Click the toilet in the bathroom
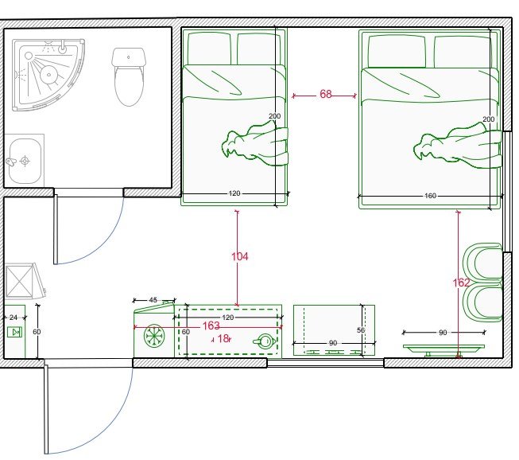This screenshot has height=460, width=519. point(129,77)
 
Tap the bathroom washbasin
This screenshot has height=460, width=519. point(25,161)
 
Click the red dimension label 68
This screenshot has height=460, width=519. point(326,94)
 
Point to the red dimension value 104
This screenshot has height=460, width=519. point(240,256)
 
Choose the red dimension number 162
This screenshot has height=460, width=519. point(461,283)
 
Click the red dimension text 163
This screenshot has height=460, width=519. point(211,326)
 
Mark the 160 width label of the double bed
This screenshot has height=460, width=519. point(430,196)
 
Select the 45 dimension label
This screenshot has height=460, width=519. point(153,300)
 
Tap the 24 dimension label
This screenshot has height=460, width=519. point(14,318)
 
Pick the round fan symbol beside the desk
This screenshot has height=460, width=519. point(154,336)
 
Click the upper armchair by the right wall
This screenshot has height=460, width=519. point(483,262)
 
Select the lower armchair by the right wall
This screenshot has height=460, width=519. point(483,302)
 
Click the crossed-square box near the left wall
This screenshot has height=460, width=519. point(20,282)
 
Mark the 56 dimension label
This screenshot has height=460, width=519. point(361,330)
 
